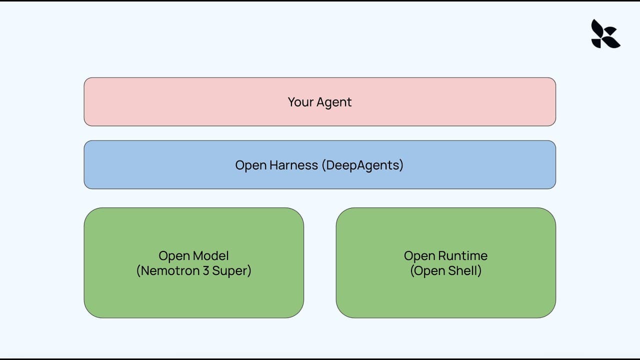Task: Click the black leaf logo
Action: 605,34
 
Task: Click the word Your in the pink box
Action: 298,102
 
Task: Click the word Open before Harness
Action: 251,165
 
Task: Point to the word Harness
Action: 294,165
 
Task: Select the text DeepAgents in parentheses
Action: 362,165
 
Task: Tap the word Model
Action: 210,256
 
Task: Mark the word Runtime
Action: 462,256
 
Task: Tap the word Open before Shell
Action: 429,271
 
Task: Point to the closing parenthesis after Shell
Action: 479,271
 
